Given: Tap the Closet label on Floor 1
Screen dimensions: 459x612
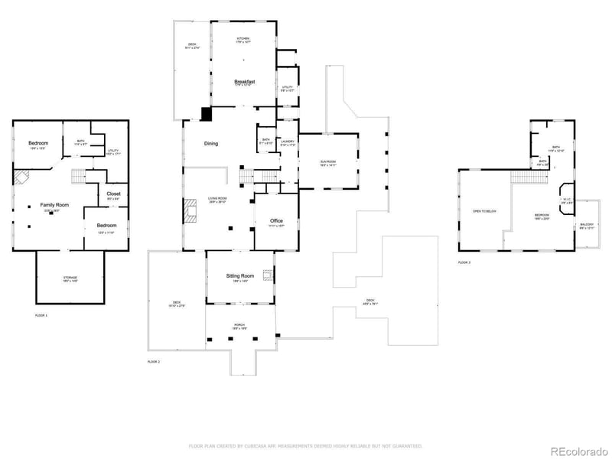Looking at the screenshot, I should click(113, 194).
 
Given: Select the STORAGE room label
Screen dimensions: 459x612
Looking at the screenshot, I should click(70, 278).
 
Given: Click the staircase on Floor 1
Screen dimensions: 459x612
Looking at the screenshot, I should click(77, 177).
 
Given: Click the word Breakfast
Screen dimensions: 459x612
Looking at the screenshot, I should click(244, 81).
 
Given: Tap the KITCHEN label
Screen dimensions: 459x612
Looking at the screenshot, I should click(243, 38).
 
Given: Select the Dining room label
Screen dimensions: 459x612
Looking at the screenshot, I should click(211, 144).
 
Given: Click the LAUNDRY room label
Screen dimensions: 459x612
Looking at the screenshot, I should click(288, 142).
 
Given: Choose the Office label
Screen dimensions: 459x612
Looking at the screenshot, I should click(276, 221).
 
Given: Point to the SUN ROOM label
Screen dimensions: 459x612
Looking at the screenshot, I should click(328, 161).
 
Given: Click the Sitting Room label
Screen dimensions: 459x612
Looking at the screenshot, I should click(239, 275).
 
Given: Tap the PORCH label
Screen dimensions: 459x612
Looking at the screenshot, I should click(239, 324).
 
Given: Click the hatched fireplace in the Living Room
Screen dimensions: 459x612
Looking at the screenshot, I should click(190, 211).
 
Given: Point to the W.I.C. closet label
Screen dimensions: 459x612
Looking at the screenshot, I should click(567, 200).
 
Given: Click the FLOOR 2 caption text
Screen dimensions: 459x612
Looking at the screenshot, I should click(154, 361).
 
